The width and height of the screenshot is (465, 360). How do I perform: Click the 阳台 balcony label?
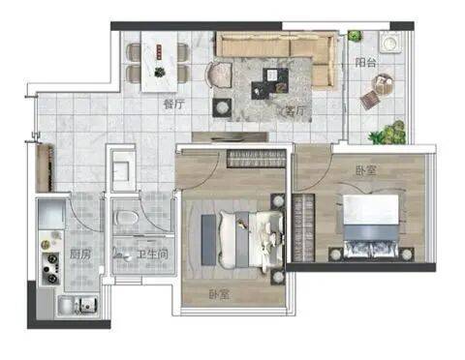click(x=365, y=62)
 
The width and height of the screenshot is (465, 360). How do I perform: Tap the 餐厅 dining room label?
click(x=173, y=105)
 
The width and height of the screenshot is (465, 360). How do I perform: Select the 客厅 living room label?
click(x=294, y=111)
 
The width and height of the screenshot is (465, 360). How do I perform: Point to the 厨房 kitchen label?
click(x=80, y=255)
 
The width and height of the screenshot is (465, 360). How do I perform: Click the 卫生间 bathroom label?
click(x=153, y=255)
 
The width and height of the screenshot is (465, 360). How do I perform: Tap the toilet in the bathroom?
click(x=127, y=218)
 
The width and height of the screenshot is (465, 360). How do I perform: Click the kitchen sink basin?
click(x=87, y=305)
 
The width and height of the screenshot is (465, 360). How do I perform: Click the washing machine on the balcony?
click(x=389, y=42)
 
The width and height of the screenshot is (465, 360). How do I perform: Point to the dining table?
click(x=160, y=61)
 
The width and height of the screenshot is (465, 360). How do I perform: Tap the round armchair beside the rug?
click(x=219, y=75)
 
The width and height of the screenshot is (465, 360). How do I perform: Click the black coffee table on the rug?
click(x=270, y=82)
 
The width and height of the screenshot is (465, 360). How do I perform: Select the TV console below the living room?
click(x=231, y=137)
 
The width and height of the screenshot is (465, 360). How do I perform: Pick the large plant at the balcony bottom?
click(x=388, y=133)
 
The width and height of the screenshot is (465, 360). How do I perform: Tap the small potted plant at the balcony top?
click(x=355, y=35)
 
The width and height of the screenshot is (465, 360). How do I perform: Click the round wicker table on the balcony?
click(x=384, y=83)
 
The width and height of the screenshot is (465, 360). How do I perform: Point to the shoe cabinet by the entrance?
click(x=45, y=167)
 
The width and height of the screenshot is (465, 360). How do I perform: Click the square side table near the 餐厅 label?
click(x=222, y=107)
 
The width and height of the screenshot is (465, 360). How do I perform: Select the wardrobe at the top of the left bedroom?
click(x=257, y=159)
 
